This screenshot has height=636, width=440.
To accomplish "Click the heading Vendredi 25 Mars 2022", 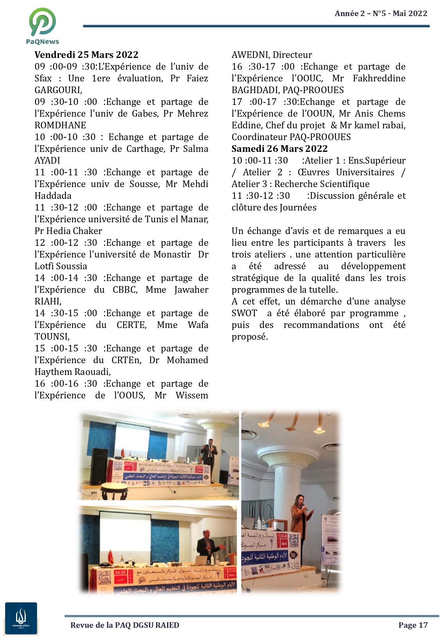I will (x=86, y=55).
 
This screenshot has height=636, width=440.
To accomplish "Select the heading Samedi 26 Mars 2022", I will (x=279, y=149).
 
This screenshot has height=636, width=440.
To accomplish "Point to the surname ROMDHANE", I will (x=60, y=125).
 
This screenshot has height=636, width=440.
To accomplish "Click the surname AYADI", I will (x=47, y=160).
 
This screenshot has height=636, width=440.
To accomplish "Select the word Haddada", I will (x=53, y=196).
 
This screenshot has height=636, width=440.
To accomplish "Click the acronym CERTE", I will (x=131, y=325).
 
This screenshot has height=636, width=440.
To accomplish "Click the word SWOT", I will (x=244, y=313).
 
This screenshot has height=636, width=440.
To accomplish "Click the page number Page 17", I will (x=413, y=625).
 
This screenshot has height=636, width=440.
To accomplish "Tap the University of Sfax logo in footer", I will (x=21, y=618).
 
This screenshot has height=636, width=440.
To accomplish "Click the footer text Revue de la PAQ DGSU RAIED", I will (x=125, y=625).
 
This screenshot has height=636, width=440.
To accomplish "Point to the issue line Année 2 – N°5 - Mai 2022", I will (x=381, y=13).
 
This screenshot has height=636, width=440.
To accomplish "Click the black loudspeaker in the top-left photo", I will (x=99, y=466).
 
